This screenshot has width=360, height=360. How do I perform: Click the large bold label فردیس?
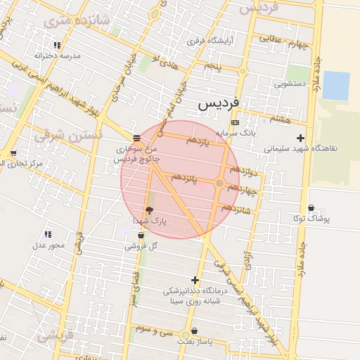tap(218, 103)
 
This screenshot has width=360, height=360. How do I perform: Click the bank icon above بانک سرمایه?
tap(234, 122)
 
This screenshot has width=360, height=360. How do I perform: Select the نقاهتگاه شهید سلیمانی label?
tap(301, 148)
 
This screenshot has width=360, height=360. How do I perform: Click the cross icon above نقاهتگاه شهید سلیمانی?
tap(301, 138)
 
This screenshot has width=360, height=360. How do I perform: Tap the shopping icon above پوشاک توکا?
tap(311, 208)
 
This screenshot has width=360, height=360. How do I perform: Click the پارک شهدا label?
tap(150, 221)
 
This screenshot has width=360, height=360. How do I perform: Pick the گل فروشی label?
tap(141, 246)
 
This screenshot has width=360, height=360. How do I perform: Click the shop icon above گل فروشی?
tap(141, 236)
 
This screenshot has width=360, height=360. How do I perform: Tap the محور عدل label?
tap(49, 245)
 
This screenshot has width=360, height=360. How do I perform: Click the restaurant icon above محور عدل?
tap(48, 233)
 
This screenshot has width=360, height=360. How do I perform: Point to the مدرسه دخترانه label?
tap(58, 55)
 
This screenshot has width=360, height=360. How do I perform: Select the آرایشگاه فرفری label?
tap(212, 41)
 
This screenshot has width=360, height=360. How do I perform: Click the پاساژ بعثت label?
tap(195, 341)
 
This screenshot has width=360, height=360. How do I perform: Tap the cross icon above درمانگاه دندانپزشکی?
tap(195, 280)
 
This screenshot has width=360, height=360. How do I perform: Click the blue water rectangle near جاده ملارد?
tap(335, 86)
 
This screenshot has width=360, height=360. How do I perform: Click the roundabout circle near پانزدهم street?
tap(220, 184)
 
